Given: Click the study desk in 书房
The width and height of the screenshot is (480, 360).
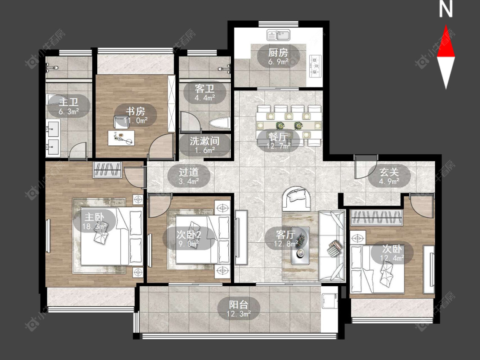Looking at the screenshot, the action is coord(121,137).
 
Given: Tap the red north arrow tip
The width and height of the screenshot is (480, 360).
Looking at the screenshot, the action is coord(446,26).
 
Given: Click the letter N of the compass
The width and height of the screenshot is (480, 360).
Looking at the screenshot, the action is coord(446,9).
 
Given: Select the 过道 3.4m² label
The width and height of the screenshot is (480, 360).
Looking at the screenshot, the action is coord(189,176).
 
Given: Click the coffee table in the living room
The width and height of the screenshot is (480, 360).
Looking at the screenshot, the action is coord(300,246).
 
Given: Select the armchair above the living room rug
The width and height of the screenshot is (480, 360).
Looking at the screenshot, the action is coord(297,198).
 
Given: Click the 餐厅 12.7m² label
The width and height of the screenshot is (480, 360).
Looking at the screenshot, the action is coord(278,141).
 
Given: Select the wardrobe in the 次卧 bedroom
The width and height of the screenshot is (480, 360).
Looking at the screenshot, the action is coord(376,218).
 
